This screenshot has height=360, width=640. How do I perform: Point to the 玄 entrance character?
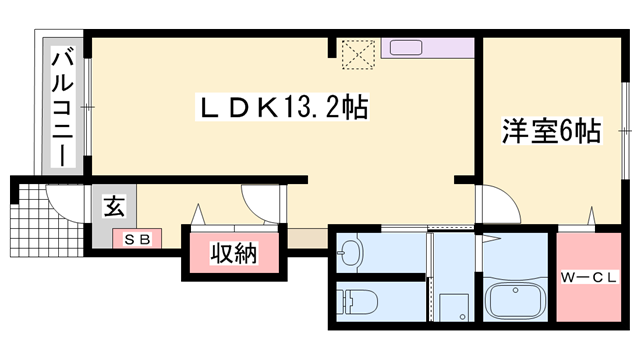click(x=114, y=209)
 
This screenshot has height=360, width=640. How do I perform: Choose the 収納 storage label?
click(x=233, y=255)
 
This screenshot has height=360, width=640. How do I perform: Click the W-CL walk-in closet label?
click(x=589, y=277)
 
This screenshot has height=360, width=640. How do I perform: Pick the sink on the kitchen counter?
click(x=407, y=47)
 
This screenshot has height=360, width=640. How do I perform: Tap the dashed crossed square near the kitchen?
click(x=356, y=54)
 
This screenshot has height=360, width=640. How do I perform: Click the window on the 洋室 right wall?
click(x=627, y=130)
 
